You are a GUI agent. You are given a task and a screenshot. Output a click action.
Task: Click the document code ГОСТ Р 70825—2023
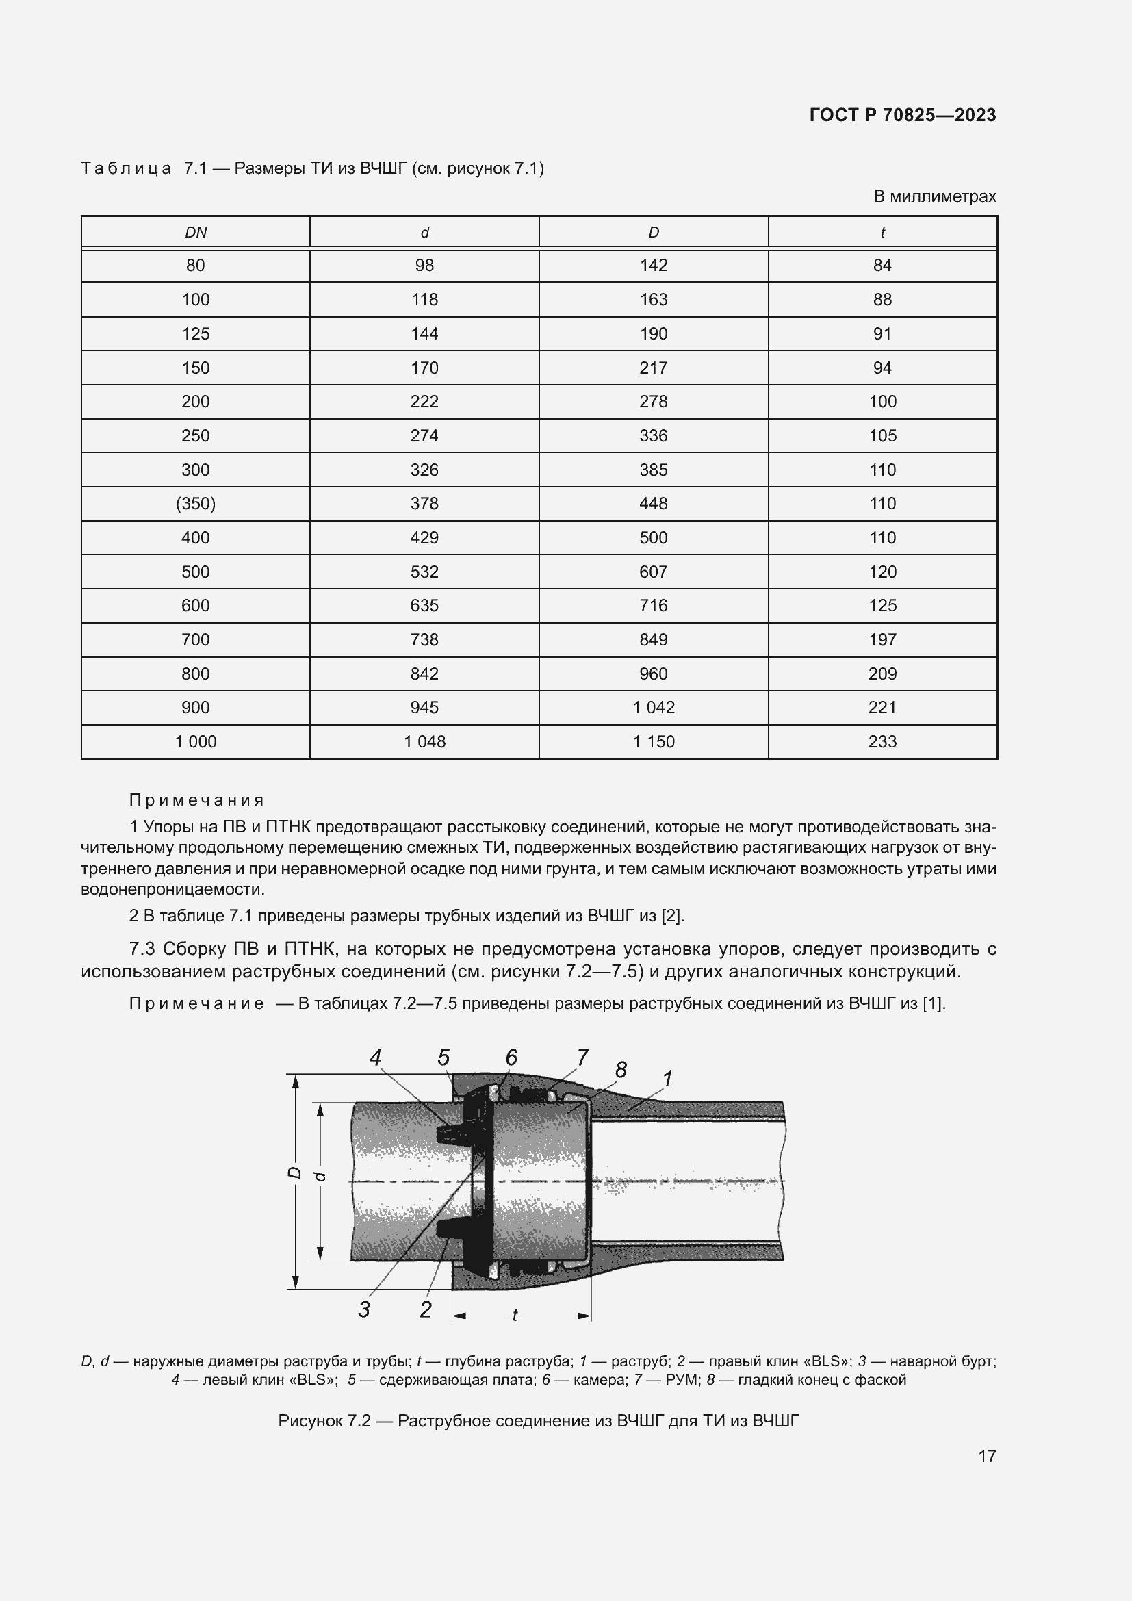pos(902,115)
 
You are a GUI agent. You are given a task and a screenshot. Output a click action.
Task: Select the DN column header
pos(196,233)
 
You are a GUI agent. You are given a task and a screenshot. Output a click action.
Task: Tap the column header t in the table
pos(882,233)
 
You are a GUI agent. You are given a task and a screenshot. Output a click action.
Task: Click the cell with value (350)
pos(196,504)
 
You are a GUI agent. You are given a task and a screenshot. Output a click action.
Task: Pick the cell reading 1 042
pos(653,708)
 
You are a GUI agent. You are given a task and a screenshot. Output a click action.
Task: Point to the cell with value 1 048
pos(424,742)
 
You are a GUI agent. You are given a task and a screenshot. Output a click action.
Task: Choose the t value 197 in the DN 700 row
pos(882,639)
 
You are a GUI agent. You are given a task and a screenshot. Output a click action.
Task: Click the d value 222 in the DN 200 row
pos(424,402)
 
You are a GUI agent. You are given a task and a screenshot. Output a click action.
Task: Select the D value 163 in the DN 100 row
pos(653,300)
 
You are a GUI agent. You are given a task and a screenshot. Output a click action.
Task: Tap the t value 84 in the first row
pos(882,266)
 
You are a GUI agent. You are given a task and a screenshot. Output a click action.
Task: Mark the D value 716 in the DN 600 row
pos(653,605)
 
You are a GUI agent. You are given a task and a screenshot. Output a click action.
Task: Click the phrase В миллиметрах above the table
pos(935,196)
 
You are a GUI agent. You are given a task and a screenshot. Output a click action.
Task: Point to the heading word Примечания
pos(196,799)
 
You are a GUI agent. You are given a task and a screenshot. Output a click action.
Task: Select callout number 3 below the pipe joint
pos(364,1309)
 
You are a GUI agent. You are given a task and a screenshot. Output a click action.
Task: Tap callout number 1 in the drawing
pos(667,1079)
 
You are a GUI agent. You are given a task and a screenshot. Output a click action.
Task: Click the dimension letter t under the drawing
pos(515,1315)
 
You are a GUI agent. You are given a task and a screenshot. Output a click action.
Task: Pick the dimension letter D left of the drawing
pos(295,1174)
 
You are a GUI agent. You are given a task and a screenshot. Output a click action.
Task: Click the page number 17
pos(987,1456)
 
